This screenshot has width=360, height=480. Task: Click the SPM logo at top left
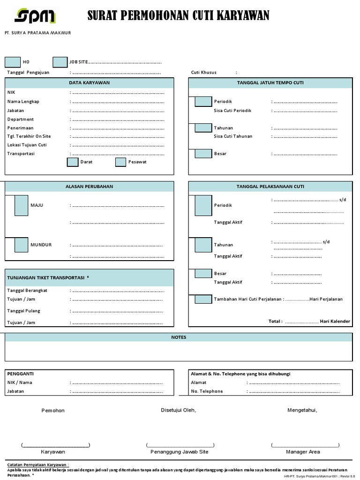click(x=35, y=17)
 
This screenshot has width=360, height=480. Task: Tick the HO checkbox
click(x=12, y=62)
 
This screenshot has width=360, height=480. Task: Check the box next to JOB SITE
click(x=60, y=62)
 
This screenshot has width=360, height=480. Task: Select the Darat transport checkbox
click(x=73, y=162)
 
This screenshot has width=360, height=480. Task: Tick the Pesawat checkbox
click(x=121, y=162)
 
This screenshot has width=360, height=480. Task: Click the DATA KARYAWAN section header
click(x=89, y=83)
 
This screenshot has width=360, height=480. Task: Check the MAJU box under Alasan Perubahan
click(x=21, y=205)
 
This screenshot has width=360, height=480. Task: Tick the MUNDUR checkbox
click(x=21, y=245)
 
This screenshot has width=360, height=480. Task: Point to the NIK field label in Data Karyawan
click(x=11, y=93)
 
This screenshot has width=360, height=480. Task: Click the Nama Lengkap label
click(x=23, y=102)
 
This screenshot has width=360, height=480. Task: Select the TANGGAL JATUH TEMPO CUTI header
click(x=270, y=83)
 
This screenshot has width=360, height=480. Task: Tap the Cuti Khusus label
click(x=204, y=73)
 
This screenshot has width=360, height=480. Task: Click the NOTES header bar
click(x=179, y=337)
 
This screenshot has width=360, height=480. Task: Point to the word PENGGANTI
click(x=20, y=374)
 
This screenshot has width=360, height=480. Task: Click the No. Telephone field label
click(x=207, y=391)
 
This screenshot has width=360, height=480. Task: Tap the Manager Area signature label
click(x=303, y=452)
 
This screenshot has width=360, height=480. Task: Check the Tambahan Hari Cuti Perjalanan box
click(x=203, y=299)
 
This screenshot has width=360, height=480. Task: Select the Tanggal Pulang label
click(x=23, y=311)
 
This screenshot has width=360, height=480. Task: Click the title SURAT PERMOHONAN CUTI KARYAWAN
click(x=179, y=17)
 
